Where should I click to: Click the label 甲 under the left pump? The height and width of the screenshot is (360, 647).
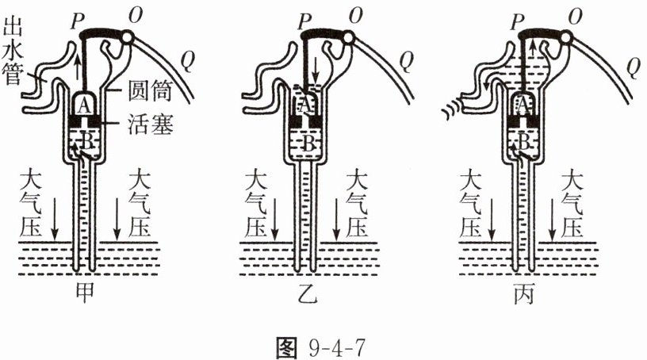click(x=84, y=293)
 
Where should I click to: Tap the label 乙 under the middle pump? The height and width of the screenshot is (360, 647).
click(x=308, y=293)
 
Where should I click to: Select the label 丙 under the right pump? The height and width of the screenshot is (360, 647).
click(x=524, y=293)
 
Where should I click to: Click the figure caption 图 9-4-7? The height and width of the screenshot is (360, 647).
click(x=320, y=348)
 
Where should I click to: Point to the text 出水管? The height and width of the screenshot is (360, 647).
click(x=12, y=52)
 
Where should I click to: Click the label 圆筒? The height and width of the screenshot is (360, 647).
click(x=150, y=90)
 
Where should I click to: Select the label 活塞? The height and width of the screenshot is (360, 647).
click(x=150, y=123)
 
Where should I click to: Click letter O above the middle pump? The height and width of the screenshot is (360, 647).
click(x=356, y=16)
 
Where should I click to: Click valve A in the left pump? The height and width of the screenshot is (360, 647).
click(x=84, y=106)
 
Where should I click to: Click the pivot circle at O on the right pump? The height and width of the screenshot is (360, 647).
click(x=565, y=38)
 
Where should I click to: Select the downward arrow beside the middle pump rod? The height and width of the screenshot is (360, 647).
click(x=316, y=71)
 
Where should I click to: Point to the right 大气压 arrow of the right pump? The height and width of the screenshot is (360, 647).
click(x=553, y=219)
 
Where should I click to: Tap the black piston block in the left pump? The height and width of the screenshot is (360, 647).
click(x=84, y=121)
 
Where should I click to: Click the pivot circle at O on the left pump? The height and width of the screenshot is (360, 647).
click(x=128, y=37)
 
